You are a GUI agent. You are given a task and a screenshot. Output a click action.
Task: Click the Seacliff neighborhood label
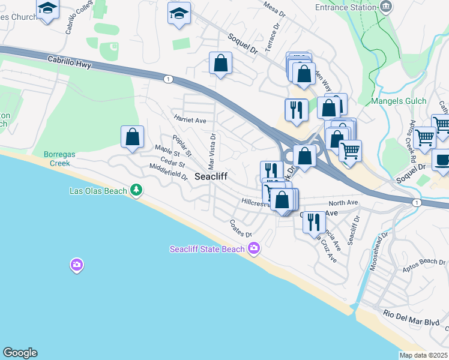point(210,176)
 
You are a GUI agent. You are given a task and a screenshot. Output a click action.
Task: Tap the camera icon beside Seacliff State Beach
point(254,248)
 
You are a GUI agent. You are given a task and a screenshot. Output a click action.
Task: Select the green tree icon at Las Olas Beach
point(137,190)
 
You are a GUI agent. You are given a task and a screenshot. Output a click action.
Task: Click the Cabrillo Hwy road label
point(71,61)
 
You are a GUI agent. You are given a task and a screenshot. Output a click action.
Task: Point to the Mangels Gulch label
point(399,101)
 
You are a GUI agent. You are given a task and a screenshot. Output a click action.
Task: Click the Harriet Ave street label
point(190,119)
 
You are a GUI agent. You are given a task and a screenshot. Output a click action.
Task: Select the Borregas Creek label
point(59,158)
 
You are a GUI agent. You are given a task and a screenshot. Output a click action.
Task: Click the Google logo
point(20,353)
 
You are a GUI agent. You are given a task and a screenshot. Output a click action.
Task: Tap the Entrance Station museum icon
point(387,7)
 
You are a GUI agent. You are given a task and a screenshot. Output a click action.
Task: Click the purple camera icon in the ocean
point(76,264)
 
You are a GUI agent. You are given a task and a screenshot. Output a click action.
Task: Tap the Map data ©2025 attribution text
point(423,355)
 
